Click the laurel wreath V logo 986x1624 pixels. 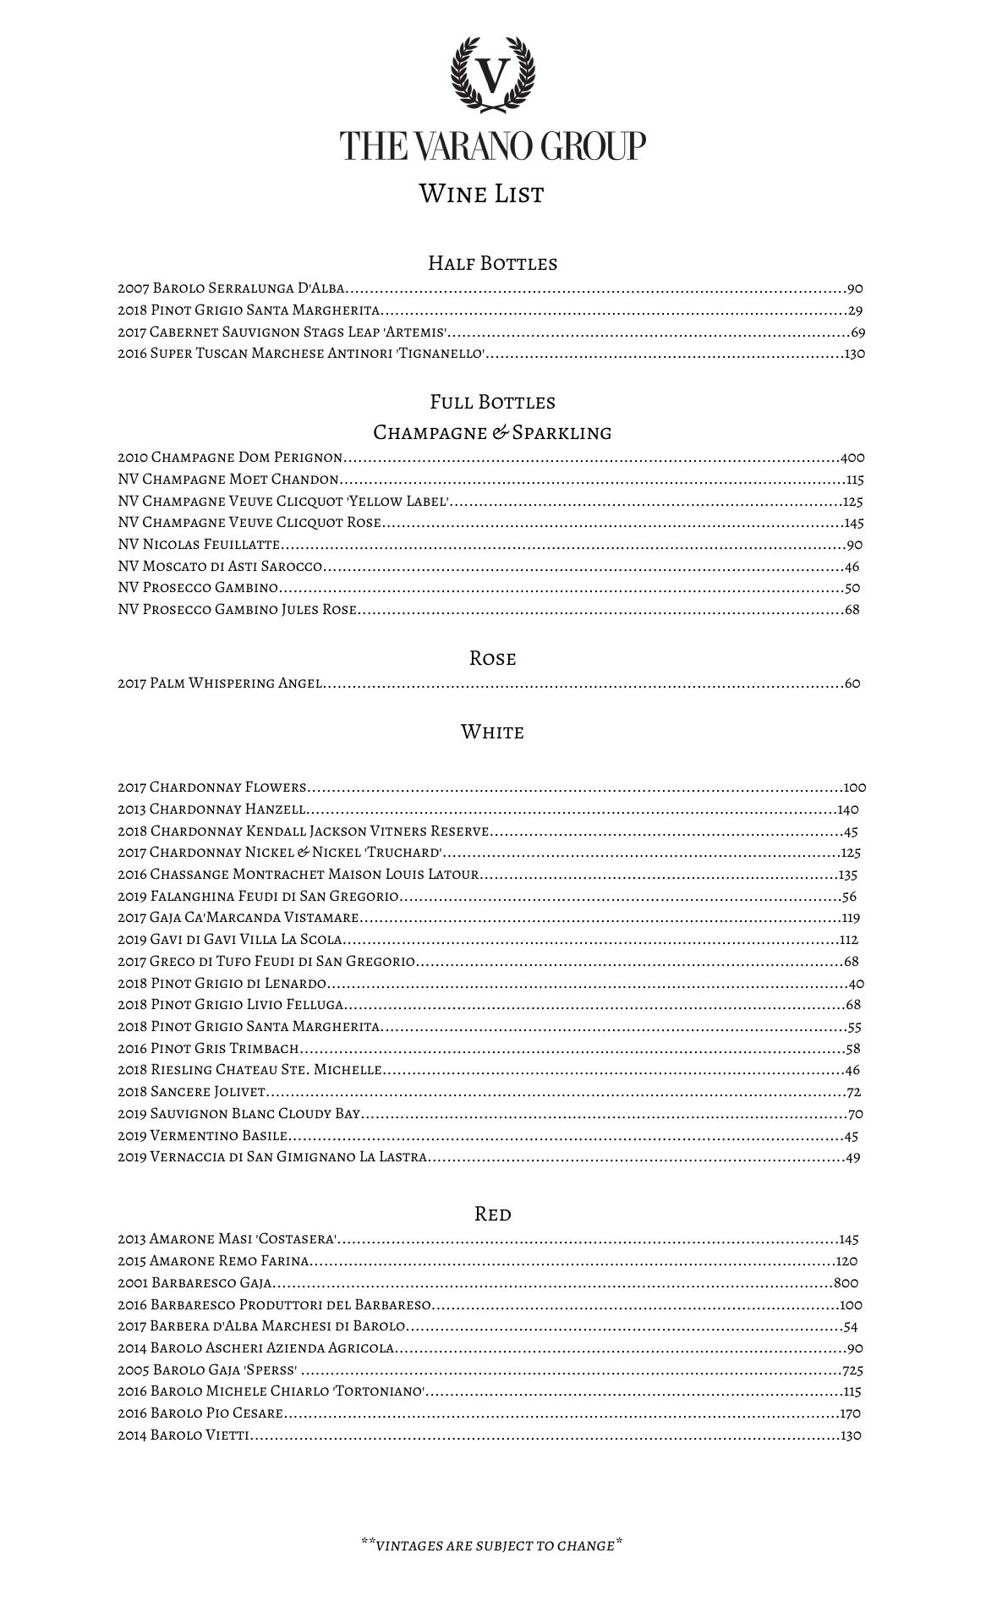pyautogui.click(x=492, y=75)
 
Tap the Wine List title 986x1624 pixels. pyautogui.click(x=481, y=194)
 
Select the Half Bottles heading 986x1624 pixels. pyautogui.click(x=492, y=263)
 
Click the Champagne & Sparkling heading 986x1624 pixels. pyautogui.click(x=492, y=432)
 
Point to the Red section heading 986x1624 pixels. pyautogui.click(x=492, y=1214)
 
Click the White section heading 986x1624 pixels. pyautogui.click(x=492, y=732)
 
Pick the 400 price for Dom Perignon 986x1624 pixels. pyautogui.click(x=852, y=458)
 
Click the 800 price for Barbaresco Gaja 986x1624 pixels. pyautogui.click(x=846, y=1282)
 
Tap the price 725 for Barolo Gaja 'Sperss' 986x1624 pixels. pyautogui.click(x=852, y=1370)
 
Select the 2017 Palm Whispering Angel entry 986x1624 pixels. pyautogui.click(x=220, y=683)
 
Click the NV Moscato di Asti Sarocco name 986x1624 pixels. pyautogui.click(x=220, y=567)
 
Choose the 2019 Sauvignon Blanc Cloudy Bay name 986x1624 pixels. pyautogui.click(x=239, y=1114)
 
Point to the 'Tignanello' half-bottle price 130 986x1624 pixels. pyautogui.click(x=854, y=354)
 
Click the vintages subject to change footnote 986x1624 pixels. pyautogui.click(x=492, y=1545)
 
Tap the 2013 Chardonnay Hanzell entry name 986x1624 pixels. pyautogui.click(x=211, y=809)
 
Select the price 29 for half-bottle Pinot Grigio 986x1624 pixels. pyautogui.click(x=855, y=310)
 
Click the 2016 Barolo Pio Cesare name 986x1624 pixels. pyautogui.click(x=200, y=1413)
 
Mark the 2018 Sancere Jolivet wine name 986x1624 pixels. pyautogui.click(x=192, y=1092)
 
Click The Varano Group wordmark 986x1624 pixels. pyautogui.click(x=492, y=145)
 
